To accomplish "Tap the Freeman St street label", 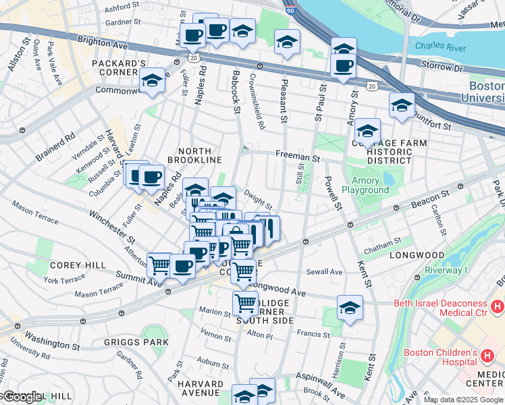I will (x=297, y=156).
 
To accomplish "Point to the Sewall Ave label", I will (x=325, y=272).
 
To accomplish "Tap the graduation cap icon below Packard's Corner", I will (x=153, y=81).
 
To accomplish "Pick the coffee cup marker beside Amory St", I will (x=344, y=66).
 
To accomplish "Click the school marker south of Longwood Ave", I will (x=350, y=308).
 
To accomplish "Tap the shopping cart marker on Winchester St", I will (x=159, y=265).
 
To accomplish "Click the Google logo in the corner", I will (x=22, y=397).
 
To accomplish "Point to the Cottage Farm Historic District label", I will (x=390, y=151).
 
